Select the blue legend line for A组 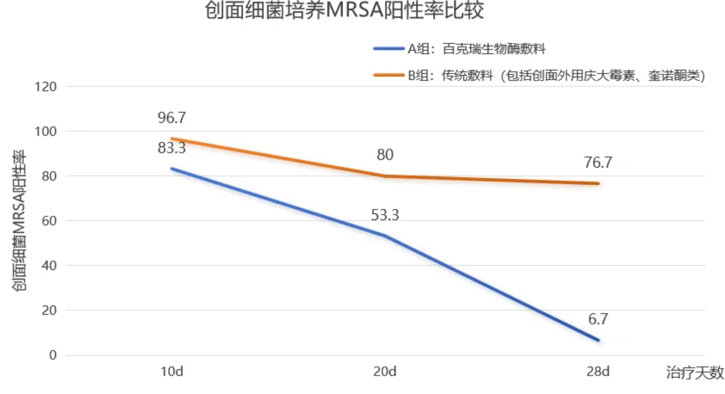coord(389,49)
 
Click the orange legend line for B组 coord(389,75)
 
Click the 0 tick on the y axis coord(53,355)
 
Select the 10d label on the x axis coord(171,372)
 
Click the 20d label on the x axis coord(385,372)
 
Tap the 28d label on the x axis coord(598,372)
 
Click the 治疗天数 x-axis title coord(695,373)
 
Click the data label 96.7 coord(171,118)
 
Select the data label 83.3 coord(171,148)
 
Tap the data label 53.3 coord(385,216)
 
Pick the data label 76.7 coord(598,163)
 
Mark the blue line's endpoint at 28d coord(598,340)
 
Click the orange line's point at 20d coord(385,176)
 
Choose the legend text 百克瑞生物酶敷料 coord(494,49)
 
